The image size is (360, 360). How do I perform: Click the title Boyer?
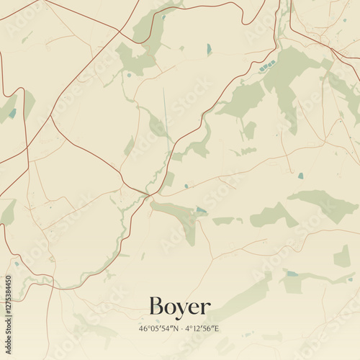pos(180,307)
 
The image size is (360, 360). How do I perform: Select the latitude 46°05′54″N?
pos(161,329)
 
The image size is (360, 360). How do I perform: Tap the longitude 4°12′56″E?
pos(203,329)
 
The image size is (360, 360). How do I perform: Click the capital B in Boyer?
pos(156,307)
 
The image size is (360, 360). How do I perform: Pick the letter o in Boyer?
pos(170,310)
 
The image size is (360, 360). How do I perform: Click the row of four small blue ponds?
pos(267,66)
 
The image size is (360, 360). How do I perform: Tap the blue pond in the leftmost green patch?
pos(12,113)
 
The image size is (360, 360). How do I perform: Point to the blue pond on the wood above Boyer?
pos(200,210)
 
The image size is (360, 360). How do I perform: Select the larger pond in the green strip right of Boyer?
pos(291,274)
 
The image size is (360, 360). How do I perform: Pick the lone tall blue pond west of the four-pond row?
pos(210,49)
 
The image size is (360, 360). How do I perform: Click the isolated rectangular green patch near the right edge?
pos(342,256)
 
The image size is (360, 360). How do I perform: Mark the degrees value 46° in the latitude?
pos(144,329)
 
